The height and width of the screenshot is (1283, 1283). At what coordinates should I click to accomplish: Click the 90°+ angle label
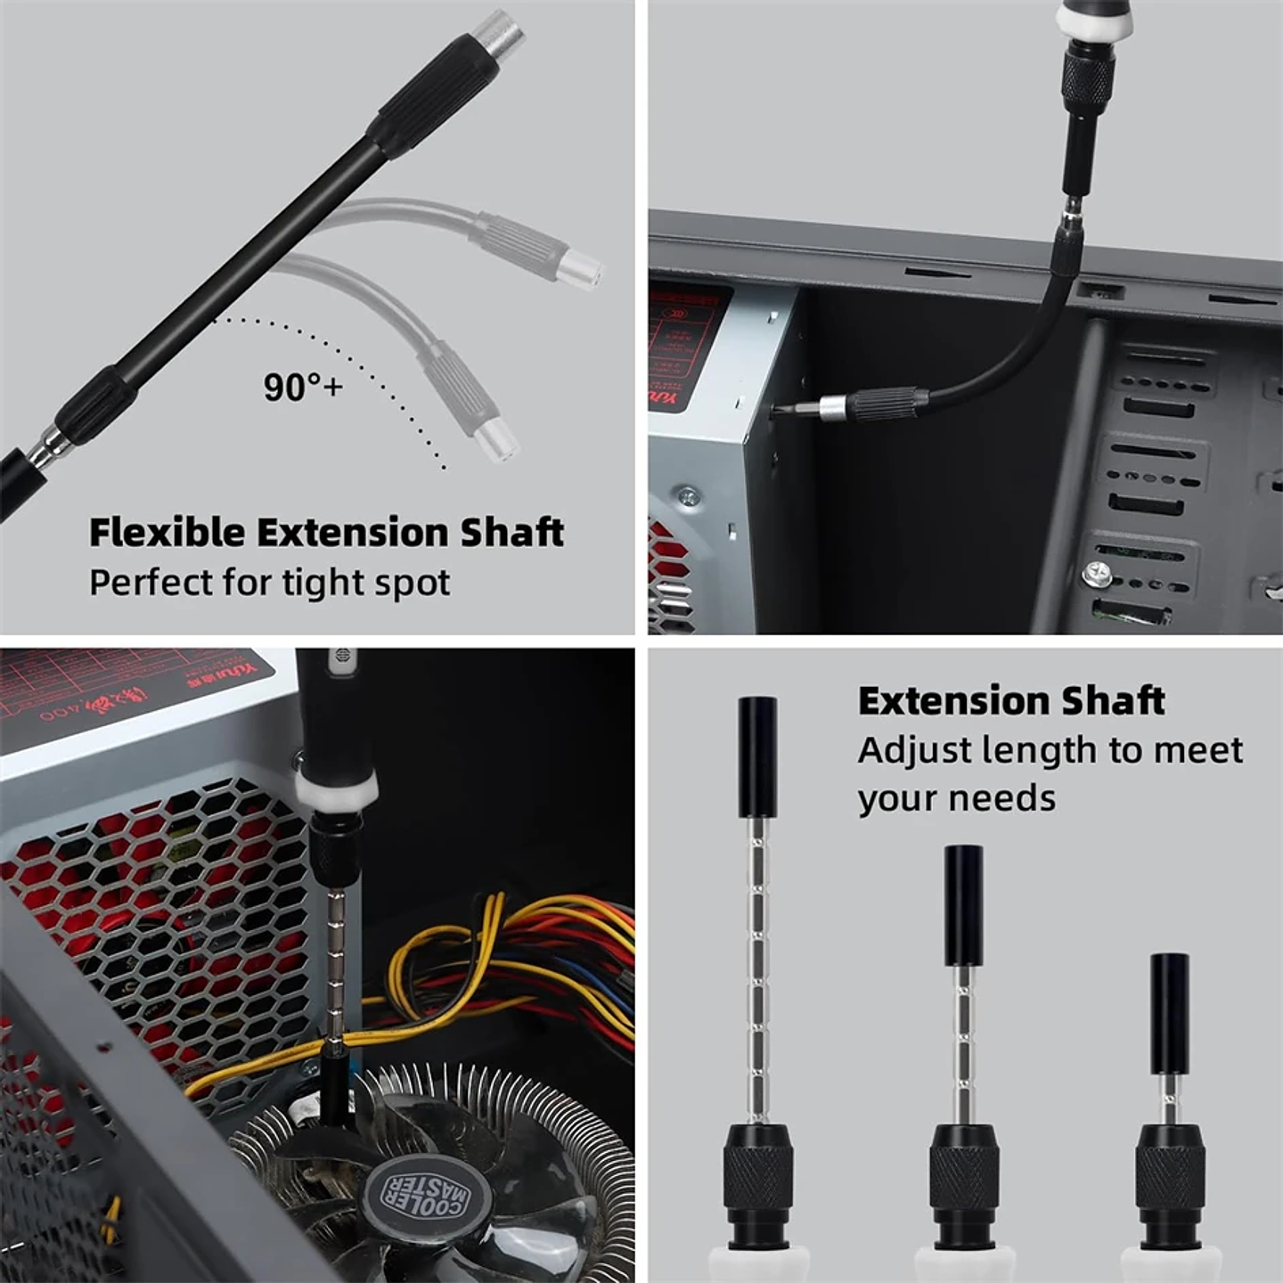click(x=302, y=386)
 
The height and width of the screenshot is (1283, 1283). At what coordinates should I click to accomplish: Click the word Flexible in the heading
click(x=167, y=532)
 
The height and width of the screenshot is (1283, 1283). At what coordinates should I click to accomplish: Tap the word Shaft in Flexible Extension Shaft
click(x=511, y=532)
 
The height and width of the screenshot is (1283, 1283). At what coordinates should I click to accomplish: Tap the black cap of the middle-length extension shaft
click(x=963, y=905)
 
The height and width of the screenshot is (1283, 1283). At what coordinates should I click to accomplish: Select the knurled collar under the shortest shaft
click(x=1169, y=1176)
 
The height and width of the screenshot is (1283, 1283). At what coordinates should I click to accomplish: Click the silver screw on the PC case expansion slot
click(x=1096, y=575)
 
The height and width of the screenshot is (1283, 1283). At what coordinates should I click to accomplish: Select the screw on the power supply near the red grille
click(x=687, y=494)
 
